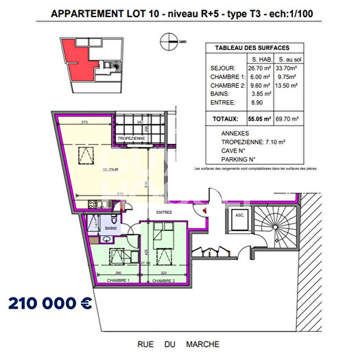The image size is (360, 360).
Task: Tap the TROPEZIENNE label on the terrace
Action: coord(130,139)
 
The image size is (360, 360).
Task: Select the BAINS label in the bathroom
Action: coord(110,228)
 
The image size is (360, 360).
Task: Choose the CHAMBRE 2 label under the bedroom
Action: coord(165,281)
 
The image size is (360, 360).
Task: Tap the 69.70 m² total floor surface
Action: coord(286,119)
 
